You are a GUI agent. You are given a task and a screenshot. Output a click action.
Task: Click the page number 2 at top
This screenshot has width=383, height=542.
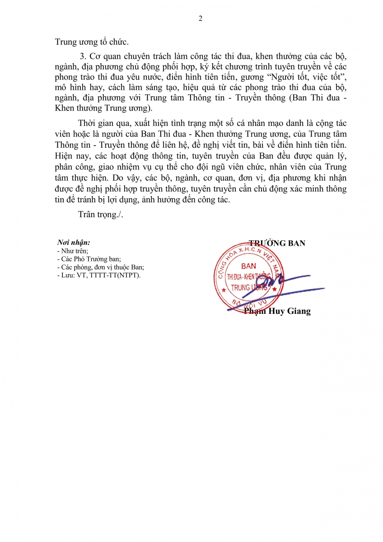(x=201, y=19)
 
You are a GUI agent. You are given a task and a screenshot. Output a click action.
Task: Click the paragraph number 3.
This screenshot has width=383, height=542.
(x=82, y=56)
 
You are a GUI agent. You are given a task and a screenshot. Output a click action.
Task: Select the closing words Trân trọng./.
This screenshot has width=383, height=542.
(x=100, y=215)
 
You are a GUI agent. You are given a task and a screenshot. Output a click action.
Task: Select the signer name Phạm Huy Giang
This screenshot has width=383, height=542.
(x=277, y=311)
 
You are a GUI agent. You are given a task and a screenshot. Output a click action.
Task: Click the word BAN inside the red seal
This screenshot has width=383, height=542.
(x=249, y=266)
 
